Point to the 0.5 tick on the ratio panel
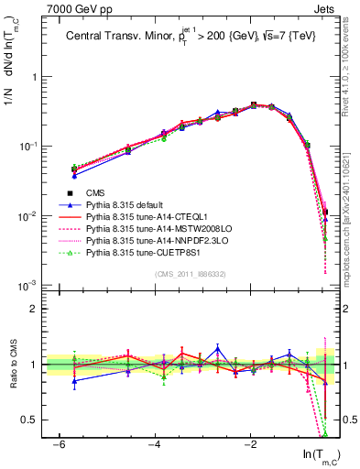pyautogui.click(x=31, y=420)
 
